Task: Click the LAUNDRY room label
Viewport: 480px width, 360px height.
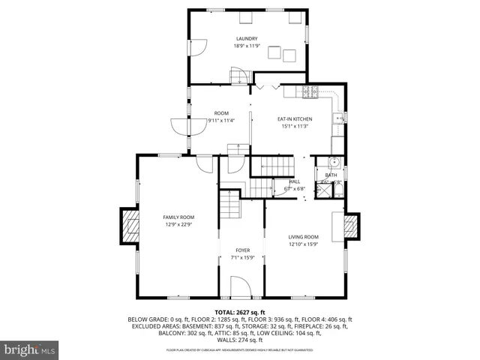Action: click(247, 39)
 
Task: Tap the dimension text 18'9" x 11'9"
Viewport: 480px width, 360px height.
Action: click(247, 46)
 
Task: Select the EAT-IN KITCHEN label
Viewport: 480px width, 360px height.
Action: click(295, 119)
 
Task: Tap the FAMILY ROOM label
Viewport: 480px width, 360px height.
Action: click(178, 217)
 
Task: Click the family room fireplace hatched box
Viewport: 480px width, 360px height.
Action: click(130, 225)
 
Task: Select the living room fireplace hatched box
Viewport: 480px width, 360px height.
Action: click(350, 226)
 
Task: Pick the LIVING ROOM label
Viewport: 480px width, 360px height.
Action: click(304, 237)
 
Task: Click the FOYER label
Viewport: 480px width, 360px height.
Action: click(242, 250)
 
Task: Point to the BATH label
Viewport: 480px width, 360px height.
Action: click(331, 175)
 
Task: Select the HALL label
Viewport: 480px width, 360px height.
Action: click(295, 181)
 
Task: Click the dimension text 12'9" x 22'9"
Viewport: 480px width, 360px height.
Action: click(178, 223)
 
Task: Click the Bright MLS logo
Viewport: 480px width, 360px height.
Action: click(30, 349)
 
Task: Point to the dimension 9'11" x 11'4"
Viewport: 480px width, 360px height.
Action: click(221, 120)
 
